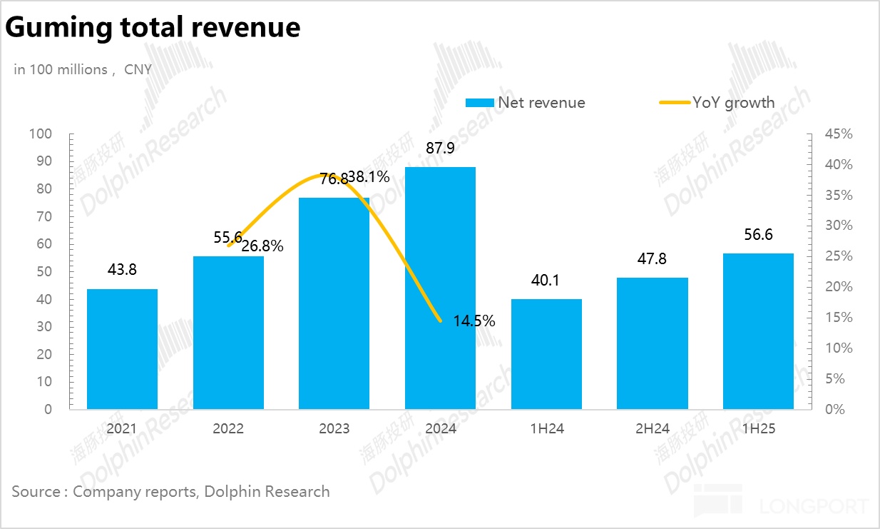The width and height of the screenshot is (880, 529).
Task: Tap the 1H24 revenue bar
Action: pyautogui.click(x=546, y=353)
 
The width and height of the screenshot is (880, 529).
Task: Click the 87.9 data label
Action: pyautogui.click(x=440, y=149)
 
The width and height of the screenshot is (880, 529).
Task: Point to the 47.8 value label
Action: pyautogui.click(x=652, y=259)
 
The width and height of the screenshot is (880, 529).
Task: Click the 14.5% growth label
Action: pyautogui.click(x=474, y=321)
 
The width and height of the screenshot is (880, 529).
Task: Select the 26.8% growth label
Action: pyautogui.click(x=262, y=247)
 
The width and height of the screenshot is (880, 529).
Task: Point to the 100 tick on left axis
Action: pyautogui.click(x=41, y=134)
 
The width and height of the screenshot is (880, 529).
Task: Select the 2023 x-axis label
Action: pyautogui.click(x=334, y=428)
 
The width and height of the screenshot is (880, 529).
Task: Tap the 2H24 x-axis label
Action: pyautogui.click(x=652, y=428)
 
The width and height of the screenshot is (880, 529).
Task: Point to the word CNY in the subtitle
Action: pyautogui.click(x=138, y=69)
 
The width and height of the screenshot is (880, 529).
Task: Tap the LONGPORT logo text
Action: pyautogui.click(x=813, y=507)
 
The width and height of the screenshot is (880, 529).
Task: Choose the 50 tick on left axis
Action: pyautogui.click(x=45, y=272)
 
